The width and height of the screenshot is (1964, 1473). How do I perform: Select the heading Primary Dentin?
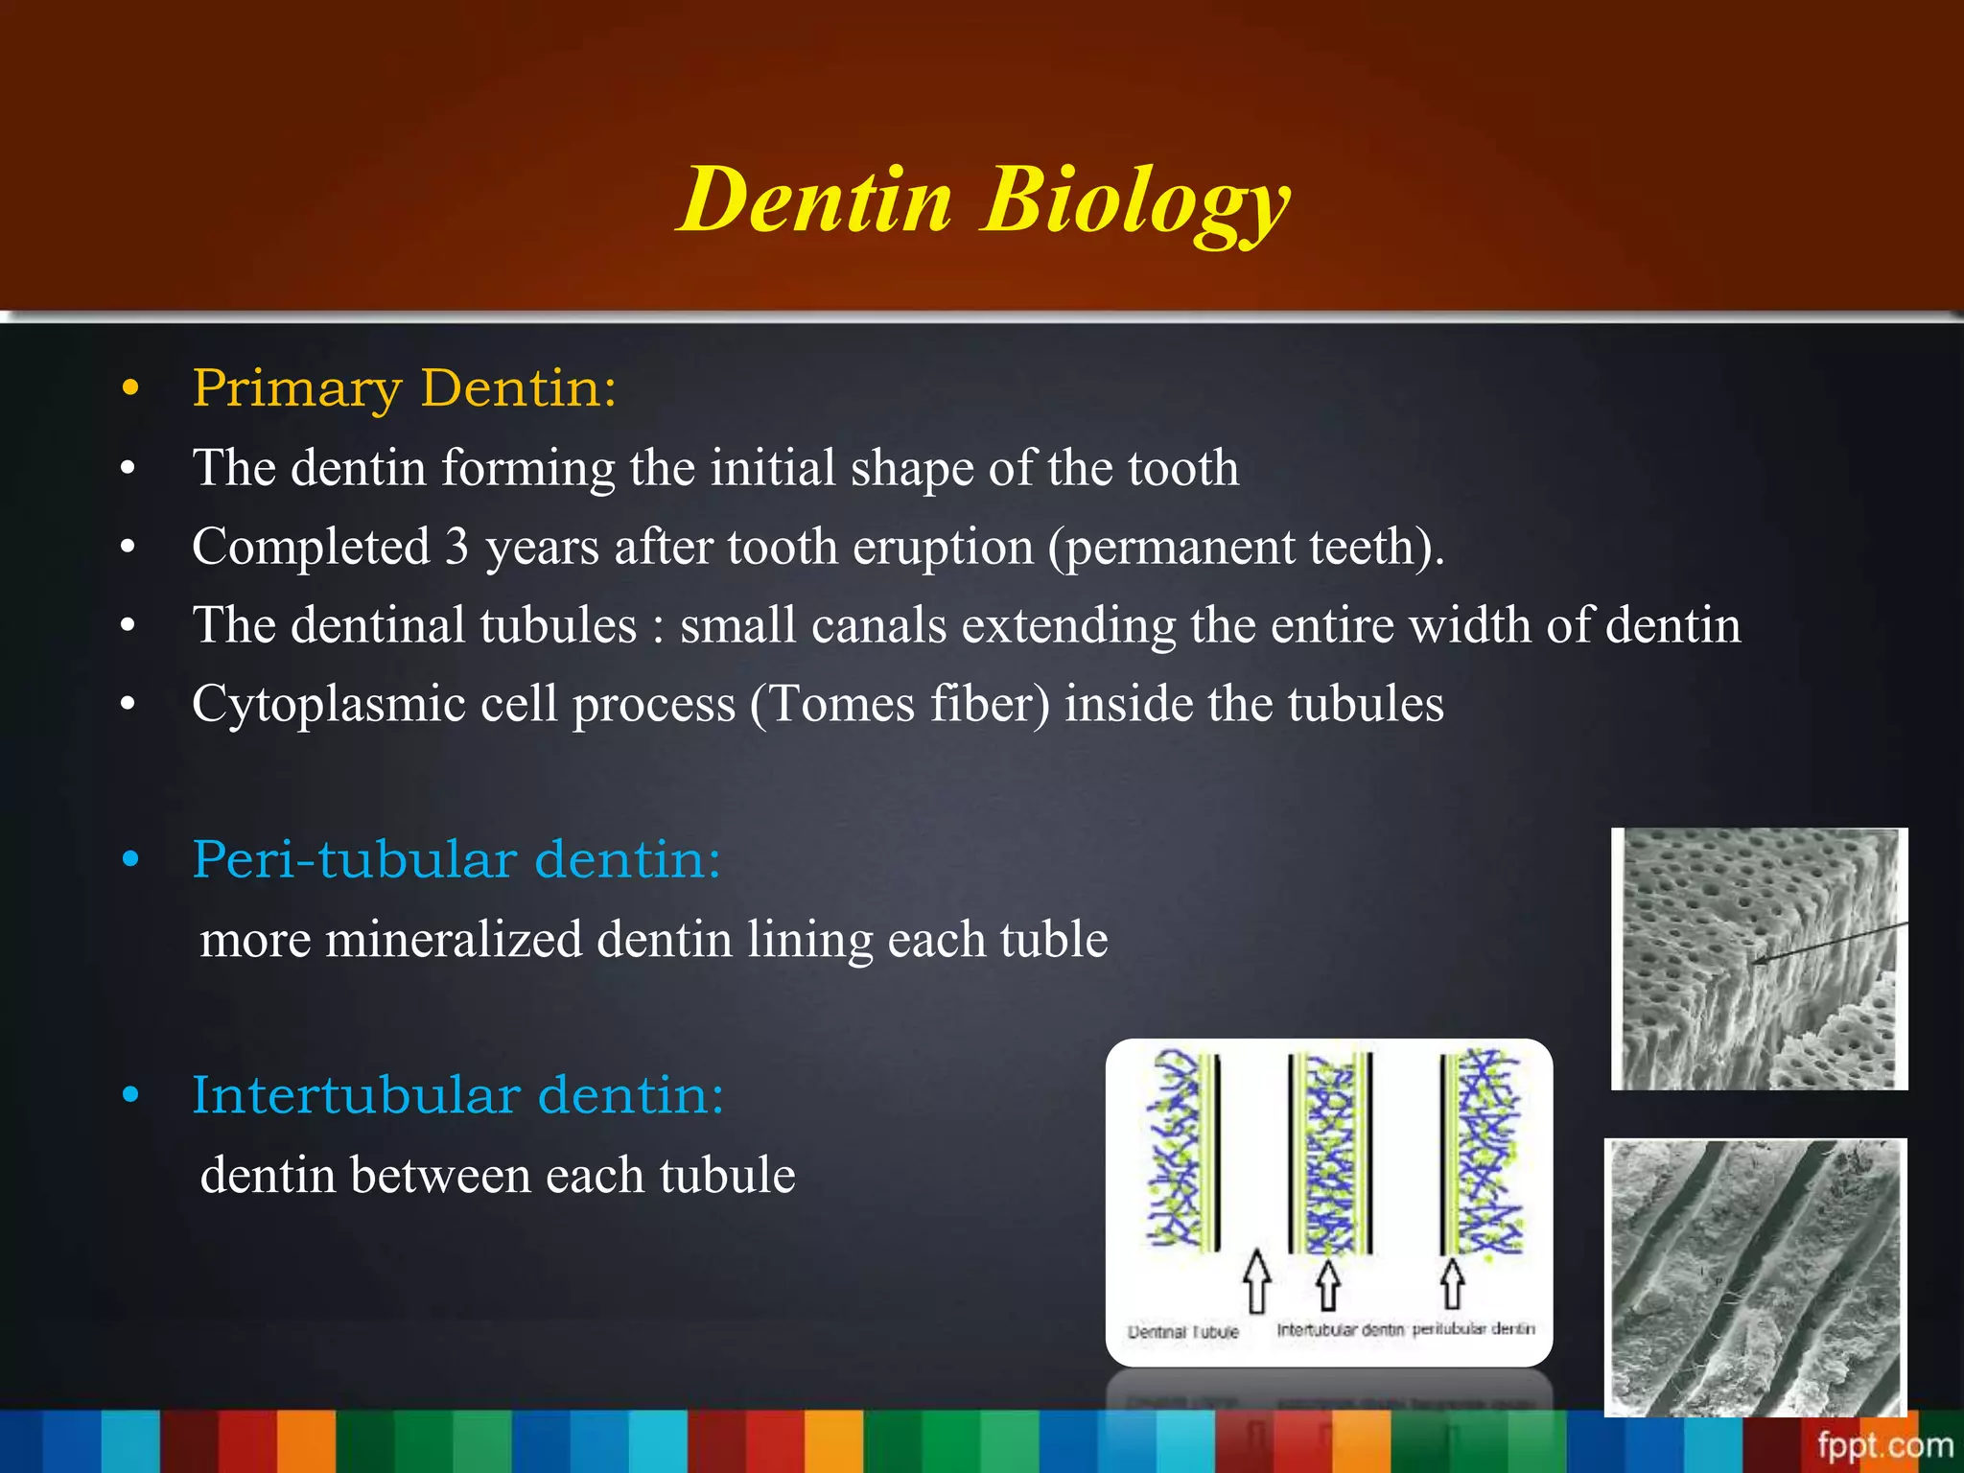404,388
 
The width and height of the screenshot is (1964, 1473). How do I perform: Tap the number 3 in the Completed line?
456,547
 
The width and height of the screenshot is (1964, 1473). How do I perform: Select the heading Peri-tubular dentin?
456,859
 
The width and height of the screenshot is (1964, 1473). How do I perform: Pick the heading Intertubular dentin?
457,1095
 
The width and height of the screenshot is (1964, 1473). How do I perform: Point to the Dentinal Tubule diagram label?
1182,1332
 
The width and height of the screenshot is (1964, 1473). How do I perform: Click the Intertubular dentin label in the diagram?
1339,1330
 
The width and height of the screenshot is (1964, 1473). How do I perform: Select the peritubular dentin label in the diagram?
1473,1329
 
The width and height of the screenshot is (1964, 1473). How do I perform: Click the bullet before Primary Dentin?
130,389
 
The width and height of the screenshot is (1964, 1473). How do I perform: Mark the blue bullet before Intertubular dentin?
130,1095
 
